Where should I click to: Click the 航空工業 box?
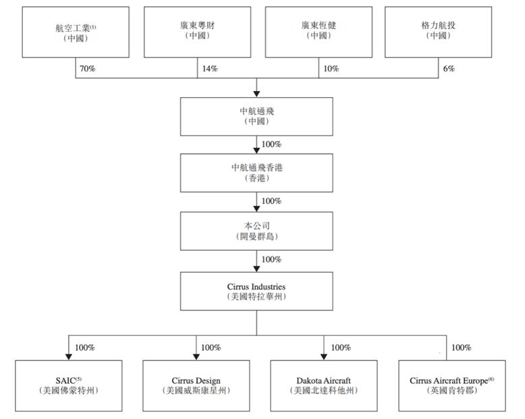tap(76, 32)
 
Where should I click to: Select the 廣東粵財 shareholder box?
tap(197, 32)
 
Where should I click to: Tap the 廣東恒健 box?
tap(319, 32)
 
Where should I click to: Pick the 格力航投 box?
tap(438, 32)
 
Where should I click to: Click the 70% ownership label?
tap(88, 69)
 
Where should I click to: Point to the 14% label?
tap(210, 69)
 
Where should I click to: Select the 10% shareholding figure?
tap(331, 69)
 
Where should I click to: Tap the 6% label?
tap(449, 69)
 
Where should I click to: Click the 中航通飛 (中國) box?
tap(256, 117)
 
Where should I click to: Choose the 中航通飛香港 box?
tap(256, 173)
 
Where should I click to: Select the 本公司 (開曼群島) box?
tap(256, 231)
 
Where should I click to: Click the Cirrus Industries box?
tap(256, 291)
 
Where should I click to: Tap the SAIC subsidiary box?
tap(69, 386)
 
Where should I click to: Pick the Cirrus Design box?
tap(196, 386)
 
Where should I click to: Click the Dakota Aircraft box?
tap(324, 386)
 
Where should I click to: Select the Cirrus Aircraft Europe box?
tap(452, 386)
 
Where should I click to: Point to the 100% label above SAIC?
tap(85, 347)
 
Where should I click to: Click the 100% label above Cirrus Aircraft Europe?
tap(462, 347)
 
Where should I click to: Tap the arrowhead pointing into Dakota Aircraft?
tap(324, 357)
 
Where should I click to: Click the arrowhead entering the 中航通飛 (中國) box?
tap(256, 94)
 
